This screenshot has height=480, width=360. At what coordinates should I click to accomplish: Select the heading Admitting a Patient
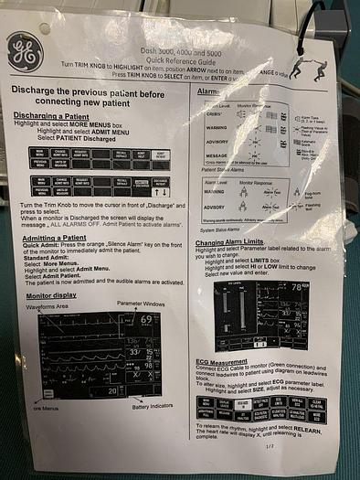click(60, 236)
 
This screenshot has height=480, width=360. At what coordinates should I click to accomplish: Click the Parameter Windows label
click(141, 303)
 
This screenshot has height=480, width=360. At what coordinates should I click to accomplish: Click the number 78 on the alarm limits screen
click(319, 286)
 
